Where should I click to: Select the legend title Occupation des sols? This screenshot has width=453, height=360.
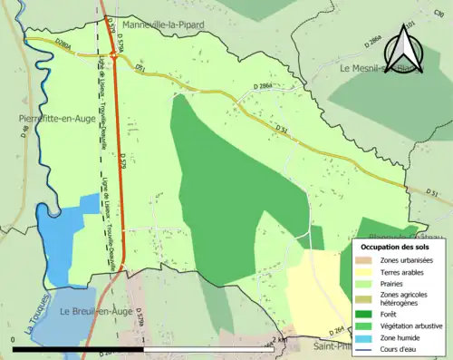[x=397, y=247]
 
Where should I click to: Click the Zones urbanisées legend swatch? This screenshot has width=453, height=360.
[x=368, y=261]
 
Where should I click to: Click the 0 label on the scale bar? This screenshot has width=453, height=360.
[x=13, y=339]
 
